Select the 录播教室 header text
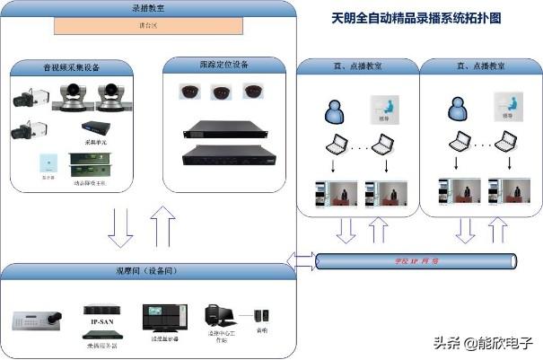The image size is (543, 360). click(148, 8)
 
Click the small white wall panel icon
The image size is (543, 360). click(45, 165)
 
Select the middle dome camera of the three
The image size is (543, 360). click(220, 91)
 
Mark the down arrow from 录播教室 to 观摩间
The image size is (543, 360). click(120, 225)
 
